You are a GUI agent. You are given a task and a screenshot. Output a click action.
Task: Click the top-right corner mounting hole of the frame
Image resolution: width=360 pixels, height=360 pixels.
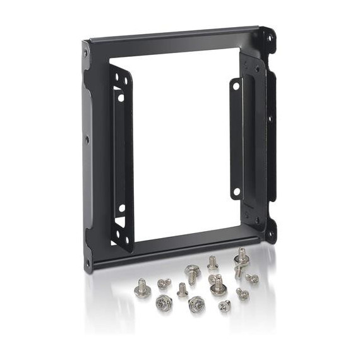tap(270, 38)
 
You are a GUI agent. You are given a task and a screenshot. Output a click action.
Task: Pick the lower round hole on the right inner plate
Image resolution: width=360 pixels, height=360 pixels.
tap(236, 190)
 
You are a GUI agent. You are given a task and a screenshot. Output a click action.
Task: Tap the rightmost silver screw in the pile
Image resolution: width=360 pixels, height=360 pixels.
tap(253, 278)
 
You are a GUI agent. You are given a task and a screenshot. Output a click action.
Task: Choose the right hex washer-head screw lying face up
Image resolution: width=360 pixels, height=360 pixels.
tap(196, 303)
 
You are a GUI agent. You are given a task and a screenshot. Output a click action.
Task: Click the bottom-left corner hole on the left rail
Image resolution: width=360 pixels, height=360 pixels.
tap(87, 262)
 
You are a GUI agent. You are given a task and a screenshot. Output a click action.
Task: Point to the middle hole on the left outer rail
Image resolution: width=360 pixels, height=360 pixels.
tap(87, 140)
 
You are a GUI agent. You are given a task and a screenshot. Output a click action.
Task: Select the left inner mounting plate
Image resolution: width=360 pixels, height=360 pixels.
tap(121, 158)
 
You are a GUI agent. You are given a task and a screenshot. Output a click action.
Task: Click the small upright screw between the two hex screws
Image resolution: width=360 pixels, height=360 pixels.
tap(182, 290)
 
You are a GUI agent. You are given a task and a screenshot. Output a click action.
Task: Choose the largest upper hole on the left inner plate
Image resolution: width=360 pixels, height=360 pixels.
tap(121, 98)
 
